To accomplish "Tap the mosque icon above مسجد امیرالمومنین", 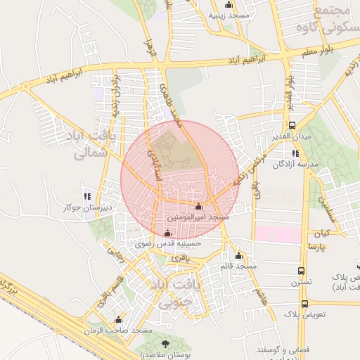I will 198,207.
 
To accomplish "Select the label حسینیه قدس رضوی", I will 173,244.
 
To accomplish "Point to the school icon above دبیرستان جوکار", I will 87,196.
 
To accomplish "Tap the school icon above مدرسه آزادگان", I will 295,153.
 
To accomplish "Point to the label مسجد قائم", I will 239,266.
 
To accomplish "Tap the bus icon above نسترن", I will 301,271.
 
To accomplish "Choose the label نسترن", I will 302,282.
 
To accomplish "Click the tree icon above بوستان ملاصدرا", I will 165,343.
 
